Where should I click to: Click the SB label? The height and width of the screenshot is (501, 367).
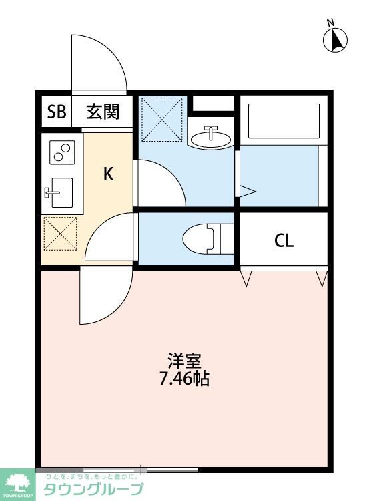coord(57,112)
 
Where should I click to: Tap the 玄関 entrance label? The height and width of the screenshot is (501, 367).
coord(103,112)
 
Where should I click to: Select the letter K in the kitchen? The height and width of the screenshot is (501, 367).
coord(108,174)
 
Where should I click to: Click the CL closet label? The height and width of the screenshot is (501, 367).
coord(284,241)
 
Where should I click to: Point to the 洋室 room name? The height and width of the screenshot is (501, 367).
coord(184,361)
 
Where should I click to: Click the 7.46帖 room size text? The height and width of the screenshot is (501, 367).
coord(184,379)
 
